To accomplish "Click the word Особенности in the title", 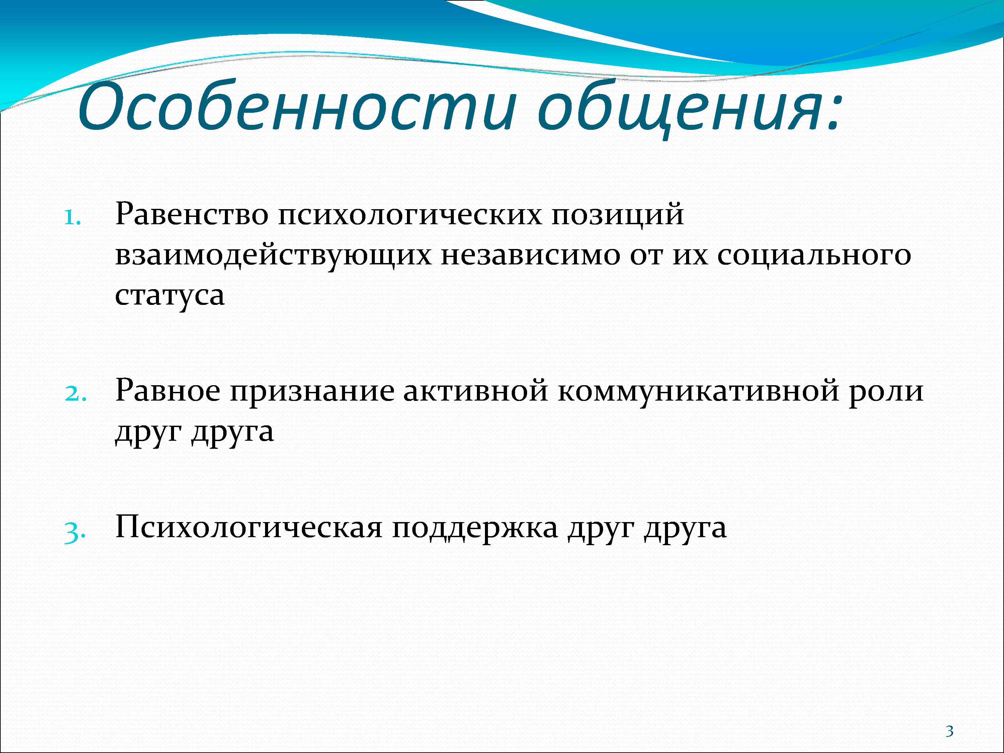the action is (x=297, y=107).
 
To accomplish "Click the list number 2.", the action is (x=75, y=393).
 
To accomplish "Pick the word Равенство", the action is (x=191, y=214).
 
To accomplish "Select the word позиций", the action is (x=618, y=214).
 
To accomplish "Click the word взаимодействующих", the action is (x=273, y=255).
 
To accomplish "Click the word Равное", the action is (x=167, y=390).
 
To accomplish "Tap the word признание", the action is (x=312, y=391).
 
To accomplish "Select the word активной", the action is (x=476, y=390).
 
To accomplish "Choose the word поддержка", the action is (x=475, y=529).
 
